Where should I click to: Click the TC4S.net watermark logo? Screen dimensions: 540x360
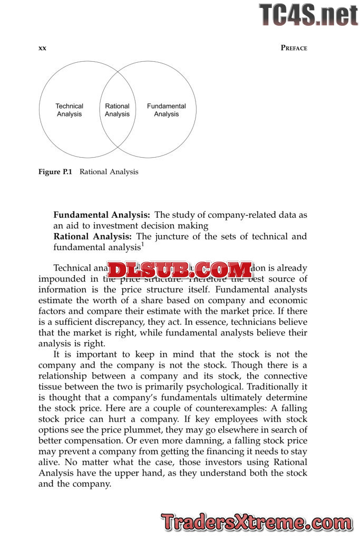pyautogui.click(x=308, y=15)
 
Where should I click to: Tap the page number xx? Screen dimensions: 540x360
pyautogui.click(x=43, y=48)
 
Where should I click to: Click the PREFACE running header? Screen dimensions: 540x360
pyautogui.click(x=294, y=48)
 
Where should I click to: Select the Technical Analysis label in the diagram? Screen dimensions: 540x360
pyautogui.click(x=69, y=110)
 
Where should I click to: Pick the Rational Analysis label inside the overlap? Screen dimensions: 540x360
pyautogui.click(x=117, y=110)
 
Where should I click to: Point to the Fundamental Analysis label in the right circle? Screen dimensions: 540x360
pyautogui.click(x=167, y=110)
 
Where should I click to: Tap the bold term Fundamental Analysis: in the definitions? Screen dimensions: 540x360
pyautogui.click(x=102, y=215)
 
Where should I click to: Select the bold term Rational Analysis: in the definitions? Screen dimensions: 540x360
pyautogui.click(x=93, y=236)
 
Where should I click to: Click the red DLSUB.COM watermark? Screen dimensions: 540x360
pyautogui.click(x=180, y=270)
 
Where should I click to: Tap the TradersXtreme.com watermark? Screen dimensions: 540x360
pyautogui.click(x=257, y=523)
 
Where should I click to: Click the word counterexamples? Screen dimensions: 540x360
pyautogui.click(x=211, y=408)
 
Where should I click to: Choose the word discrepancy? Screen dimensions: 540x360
pyautogui.click(x=127, y=322)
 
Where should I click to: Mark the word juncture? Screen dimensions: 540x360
pyautogui.click(x=179, y=236)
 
